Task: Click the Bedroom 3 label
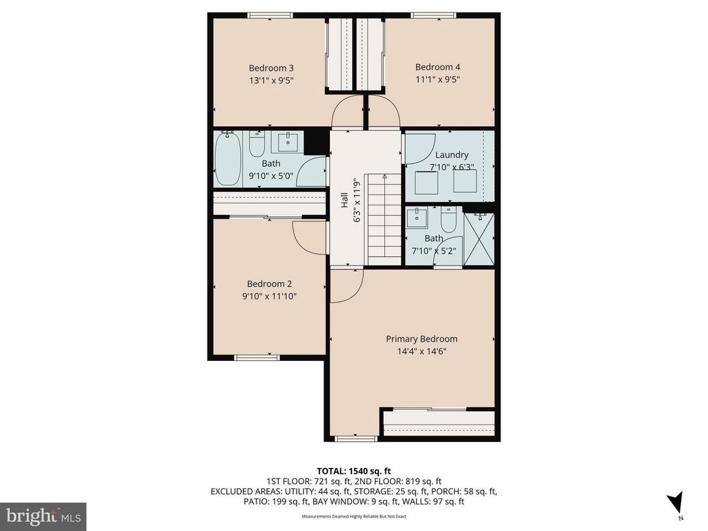pos(271,68)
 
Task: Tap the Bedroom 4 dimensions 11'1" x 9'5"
pos(438,80)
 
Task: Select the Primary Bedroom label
pos(421,339)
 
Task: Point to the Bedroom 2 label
pos(269,284)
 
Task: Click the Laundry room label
pos(451,155)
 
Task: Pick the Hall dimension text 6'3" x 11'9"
pos(357,200)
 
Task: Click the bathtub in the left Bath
pos(227,158)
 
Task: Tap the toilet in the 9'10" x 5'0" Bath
pos(257,144)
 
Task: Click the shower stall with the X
pos(479,239)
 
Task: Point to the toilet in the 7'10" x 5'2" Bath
pos(448,219)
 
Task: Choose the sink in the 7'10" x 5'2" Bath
pos(417,218)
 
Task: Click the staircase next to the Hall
pos(383,219)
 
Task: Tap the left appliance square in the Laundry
pos(427,183)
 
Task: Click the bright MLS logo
pos(44,516)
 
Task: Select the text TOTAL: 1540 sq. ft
pos(353,472)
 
